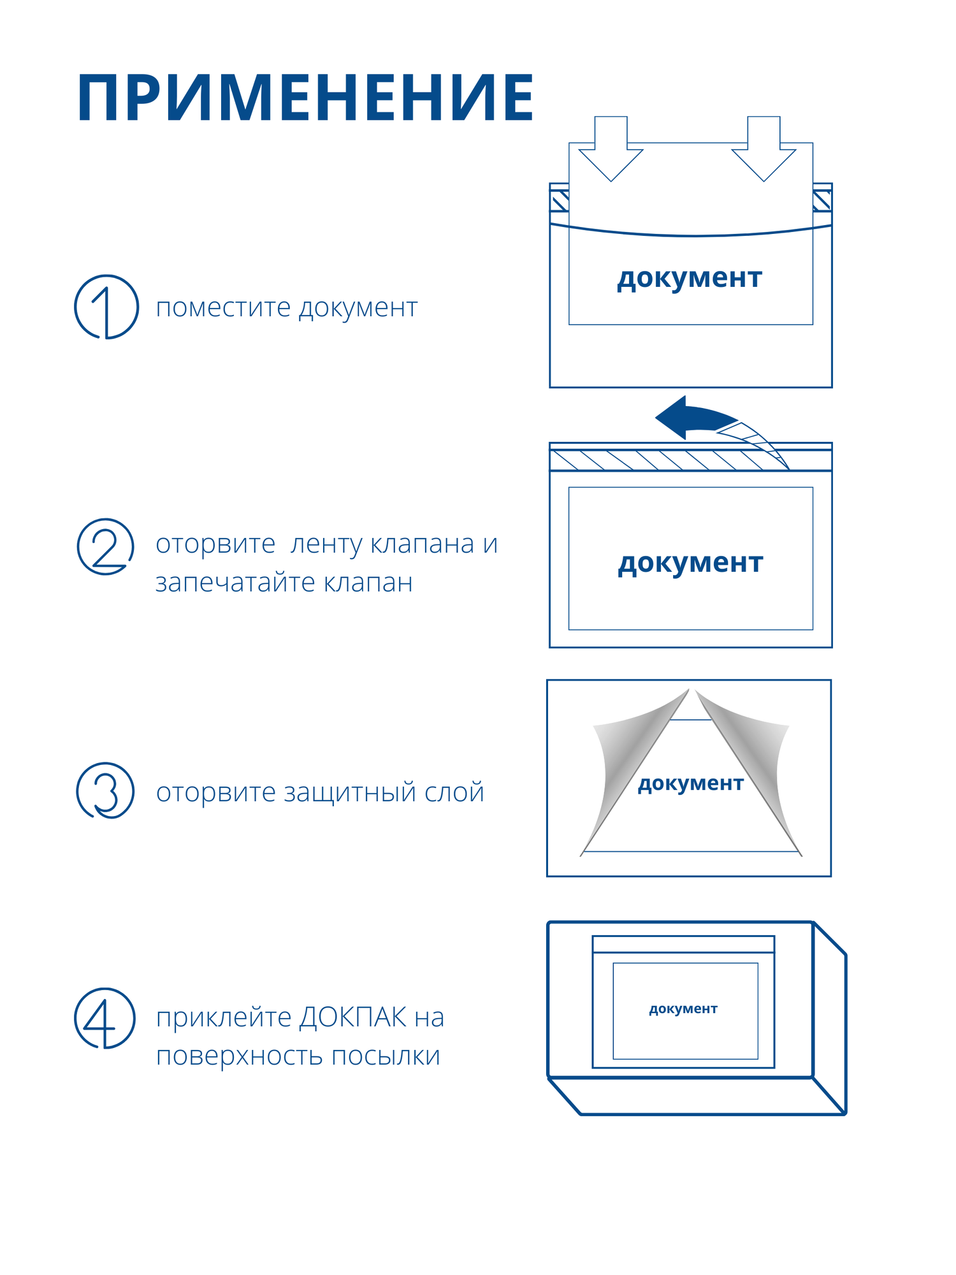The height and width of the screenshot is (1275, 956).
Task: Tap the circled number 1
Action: (x=106, y=307)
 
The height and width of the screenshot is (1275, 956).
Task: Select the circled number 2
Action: (x=106, y=546)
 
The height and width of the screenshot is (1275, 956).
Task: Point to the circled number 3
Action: (x=106, y=790)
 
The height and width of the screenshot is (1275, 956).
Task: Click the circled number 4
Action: (x=105, y=1018)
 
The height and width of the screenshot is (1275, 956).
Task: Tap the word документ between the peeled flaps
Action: (x=690, y=783)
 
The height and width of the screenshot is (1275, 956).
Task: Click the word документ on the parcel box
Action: (x=683, y=1009)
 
